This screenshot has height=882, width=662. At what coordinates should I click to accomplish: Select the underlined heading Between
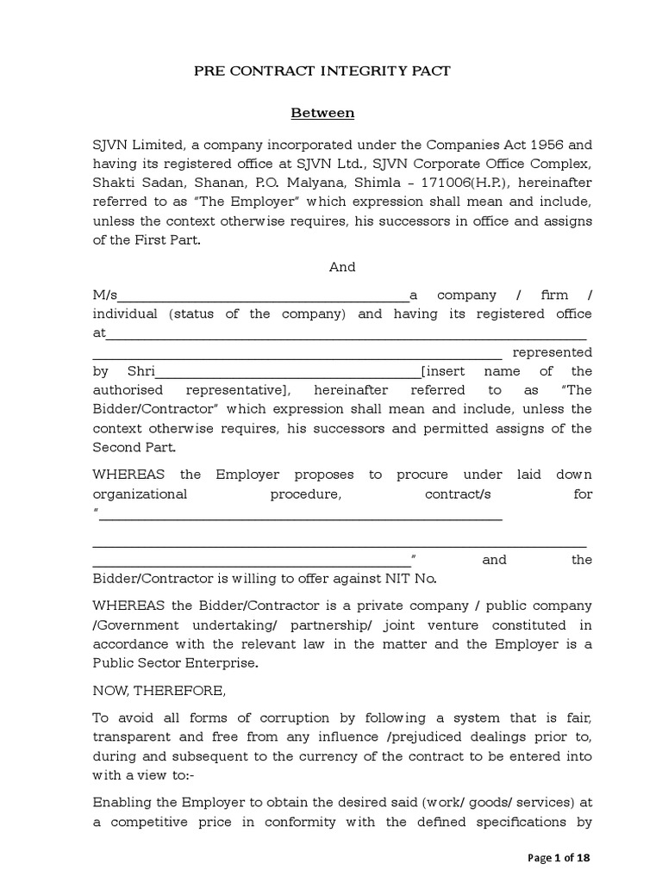[x=322, y=113]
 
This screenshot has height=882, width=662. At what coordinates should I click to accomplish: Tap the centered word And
[x=342, y=267]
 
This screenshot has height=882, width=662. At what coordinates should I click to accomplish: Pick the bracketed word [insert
[x=443, y=371]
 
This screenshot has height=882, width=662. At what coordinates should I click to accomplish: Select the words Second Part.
[x=134, y=447]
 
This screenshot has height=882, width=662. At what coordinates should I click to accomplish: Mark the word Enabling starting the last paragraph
[x=123, y=803]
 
